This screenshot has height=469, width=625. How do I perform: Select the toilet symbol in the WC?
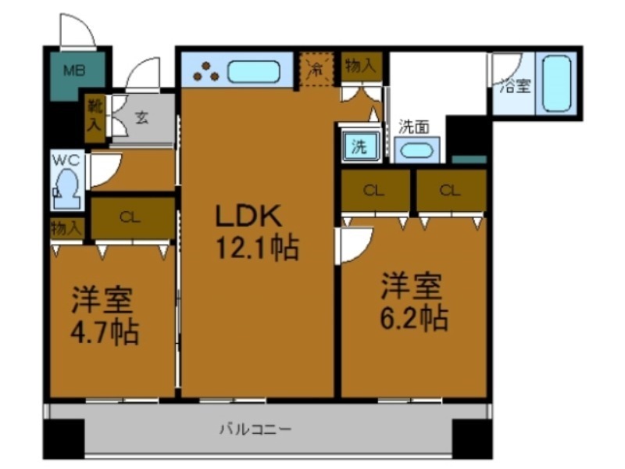coord(65,188)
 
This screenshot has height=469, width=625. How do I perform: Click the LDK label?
coord(247,217)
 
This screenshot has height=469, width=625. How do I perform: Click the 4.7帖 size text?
coord(105,331)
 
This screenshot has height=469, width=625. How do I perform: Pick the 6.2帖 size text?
coord(414,317)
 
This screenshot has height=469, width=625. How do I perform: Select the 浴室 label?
coord(514,87)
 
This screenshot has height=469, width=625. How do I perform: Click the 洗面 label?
coord(413,127)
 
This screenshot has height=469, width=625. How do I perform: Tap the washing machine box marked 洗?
coord(359,146)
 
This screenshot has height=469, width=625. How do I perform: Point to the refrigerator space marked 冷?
coord(316,69)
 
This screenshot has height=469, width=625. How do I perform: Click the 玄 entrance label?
coord(142,119)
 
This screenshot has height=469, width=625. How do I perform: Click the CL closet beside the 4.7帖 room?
coord(131,218)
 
